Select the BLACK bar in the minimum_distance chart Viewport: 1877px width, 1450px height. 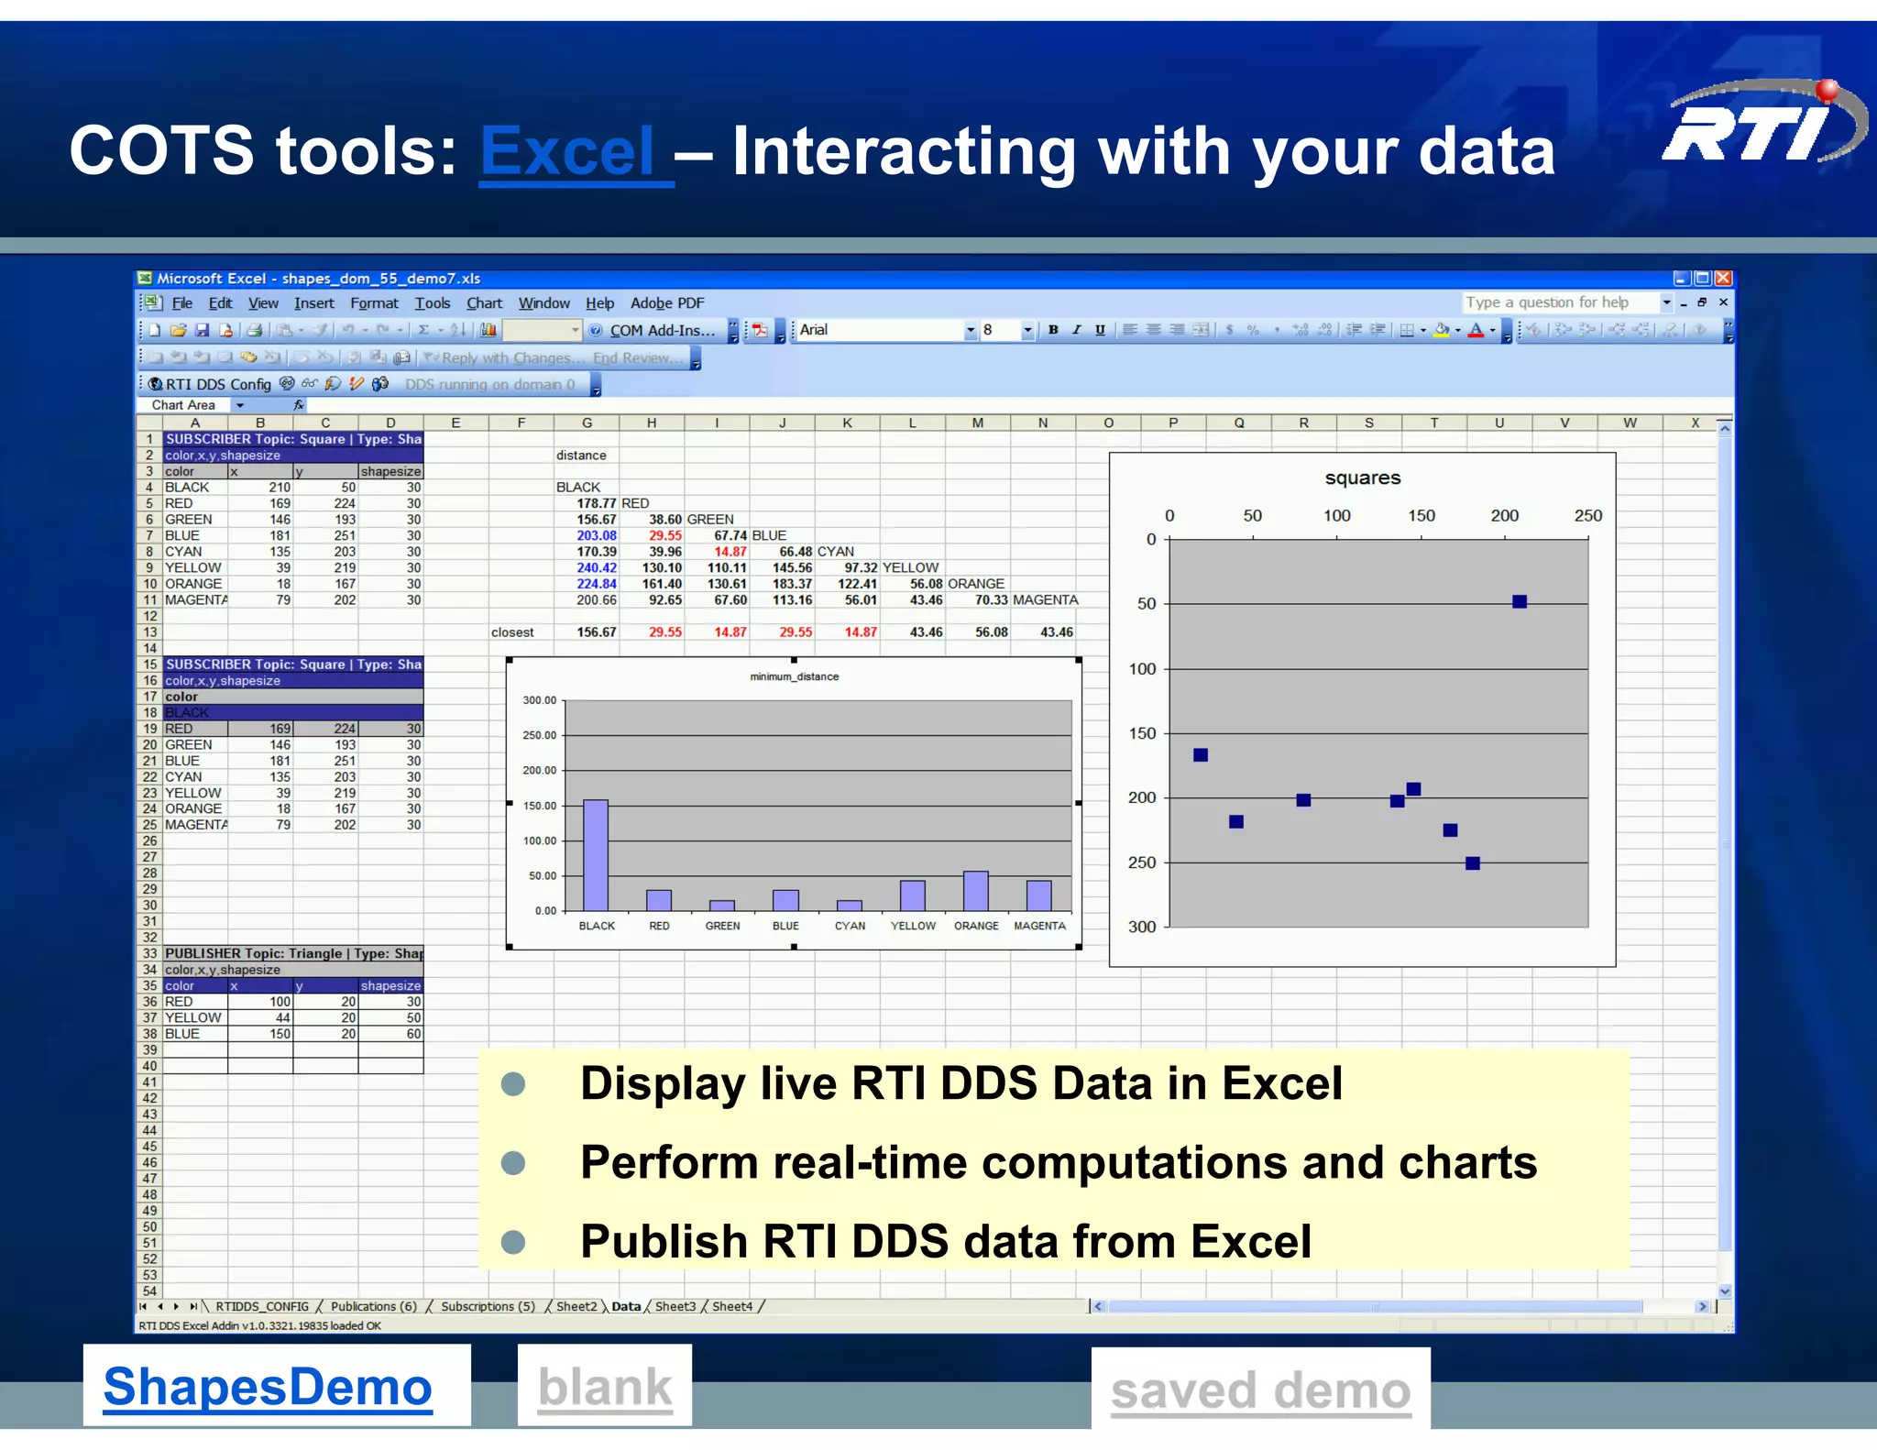click(596, 854)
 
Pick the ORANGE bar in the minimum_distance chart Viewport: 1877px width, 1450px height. click(975, 890)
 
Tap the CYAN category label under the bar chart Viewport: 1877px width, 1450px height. click(850, 926)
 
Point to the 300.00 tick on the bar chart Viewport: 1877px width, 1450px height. click(540, 700)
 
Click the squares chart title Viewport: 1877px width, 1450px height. click(1362, 478)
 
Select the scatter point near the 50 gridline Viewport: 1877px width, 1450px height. click(1519, 602)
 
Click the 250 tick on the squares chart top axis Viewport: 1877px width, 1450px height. click(1587, 516)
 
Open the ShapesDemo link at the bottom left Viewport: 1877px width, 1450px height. click(268, 1387)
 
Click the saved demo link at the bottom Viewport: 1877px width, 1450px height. click(1260, 1390)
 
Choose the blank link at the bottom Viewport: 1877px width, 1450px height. click(605, 1387)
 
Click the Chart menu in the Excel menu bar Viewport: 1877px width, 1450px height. click(484, 303)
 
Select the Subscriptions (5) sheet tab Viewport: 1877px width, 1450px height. click(488, 1306)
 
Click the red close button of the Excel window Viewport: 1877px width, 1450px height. click(1723, 278)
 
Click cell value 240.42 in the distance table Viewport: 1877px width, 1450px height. click(596, 568)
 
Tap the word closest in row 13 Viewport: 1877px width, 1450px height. click(512, 632)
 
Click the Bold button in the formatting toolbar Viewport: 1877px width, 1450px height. click(1053, 330)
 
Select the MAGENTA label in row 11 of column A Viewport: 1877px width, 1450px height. click(195, 600)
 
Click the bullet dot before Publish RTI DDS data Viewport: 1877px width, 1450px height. click(514, 1242)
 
